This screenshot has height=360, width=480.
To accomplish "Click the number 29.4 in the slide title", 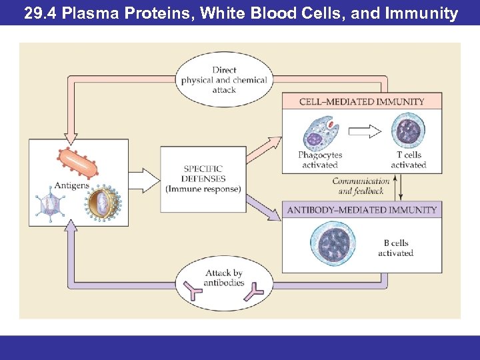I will click(41, 13).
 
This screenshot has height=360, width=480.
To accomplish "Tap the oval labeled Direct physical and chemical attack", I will click(224, 80).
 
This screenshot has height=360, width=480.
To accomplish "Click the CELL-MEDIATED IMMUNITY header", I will click(362, 102).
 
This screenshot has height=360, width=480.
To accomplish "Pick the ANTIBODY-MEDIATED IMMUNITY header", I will click(362, 210).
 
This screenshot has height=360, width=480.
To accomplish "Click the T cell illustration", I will click(407, 131).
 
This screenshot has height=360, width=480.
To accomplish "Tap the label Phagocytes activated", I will click(320, 160).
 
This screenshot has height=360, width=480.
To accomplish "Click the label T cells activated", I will click(408, 160).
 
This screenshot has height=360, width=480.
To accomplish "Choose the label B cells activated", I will click(395, 248).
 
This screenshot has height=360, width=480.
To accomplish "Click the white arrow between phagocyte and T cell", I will click(365, 131).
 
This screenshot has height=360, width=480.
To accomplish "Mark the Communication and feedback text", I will click(361, 186).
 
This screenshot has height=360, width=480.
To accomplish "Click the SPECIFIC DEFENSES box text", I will click(203, 179).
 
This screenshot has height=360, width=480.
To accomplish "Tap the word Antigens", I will click(71, 185).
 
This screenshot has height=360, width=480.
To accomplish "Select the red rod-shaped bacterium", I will click(77, 162).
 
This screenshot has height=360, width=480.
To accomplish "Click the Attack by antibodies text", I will click(225, 278).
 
